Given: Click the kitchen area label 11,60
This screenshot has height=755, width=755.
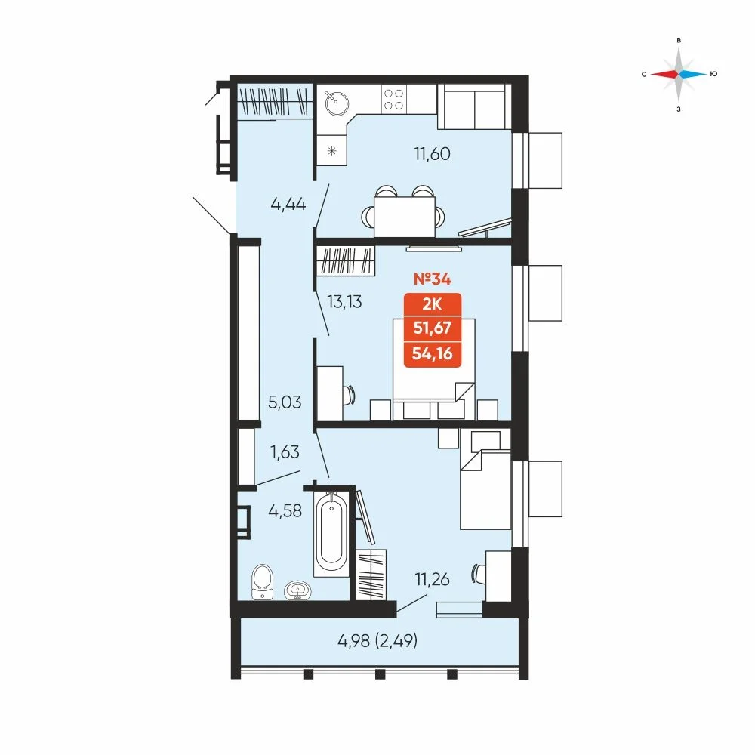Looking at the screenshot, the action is click(x=432, y=154).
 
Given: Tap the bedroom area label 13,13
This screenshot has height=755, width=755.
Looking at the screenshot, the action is click(x=344, y=302).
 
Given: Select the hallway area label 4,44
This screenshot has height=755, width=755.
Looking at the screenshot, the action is click(x=288, y=204).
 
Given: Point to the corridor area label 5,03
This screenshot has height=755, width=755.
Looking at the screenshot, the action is click(x=285, y=402).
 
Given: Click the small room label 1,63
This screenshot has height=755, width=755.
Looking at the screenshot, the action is click(x=285, y=452).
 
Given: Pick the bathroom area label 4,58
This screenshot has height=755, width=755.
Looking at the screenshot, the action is click(x=285, y=510).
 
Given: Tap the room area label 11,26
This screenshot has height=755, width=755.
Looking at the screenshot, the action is click(x=432, y=579).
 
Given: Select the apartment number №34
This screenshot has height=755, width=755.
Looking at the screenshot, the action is click(x=433, y=279).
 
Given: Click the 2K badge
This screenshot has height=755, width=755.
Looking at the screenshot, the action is click(x=433, y=304).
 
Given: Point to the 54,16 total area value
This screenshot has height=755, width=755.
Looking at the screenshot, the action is click(x=433, y=354).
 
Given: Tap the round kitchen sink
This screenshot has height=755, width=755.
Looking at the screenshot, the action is click(x=337, y=103).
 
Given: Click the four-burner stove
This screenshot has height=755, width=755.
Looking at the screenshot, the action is click(x=394, y=99).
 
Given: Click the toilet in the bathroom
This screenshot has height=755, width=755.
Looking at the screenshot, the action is click(x=262, y=582).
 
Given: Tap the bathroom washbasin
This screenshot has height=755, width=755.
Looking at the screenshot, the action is click(x=297, y=590).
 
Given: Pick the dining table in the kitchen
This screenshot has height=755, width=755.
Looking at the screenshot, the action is click(x=405, y=217).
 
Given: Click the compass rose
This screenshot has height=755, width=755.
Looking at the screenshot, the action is click(x=679, y=74).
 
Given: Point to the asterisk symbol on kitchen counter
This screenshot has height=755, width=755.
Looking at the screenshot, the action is click(x=331, y=151).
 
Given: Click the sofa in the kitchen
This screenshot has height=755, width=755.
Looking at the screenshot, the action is click(x=474, y=107).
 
